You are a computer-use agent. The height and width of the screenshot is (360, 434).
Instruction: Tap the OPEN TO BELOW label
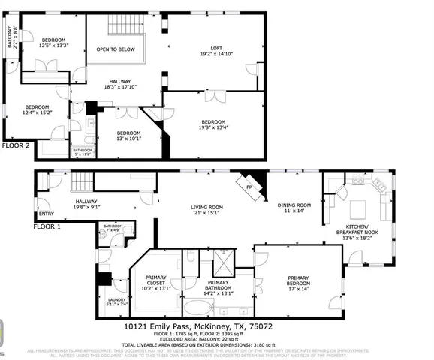(115, 49)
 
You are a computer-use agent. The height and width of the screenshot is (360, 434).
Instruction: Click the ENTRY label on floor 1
(47, 213)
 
